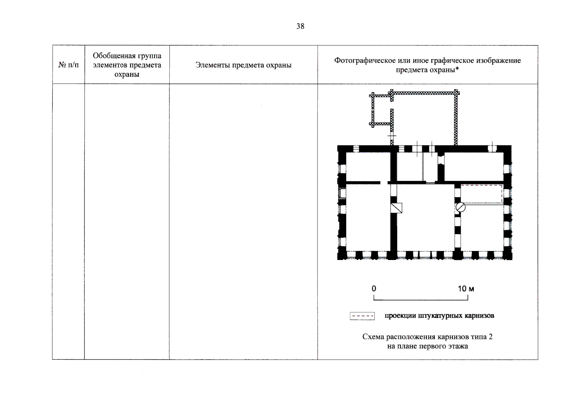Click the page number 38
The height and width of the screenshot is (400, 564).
point(300,26)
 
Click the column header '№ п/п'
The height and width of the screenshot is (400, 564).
point(69,65)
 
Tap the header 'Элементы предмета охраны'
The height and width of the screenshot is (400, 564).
point(243,65)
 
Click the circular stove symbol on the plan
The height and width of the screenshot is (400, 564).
point(460,207)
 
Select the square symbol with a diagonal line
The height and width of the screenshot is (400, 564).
point(396,208)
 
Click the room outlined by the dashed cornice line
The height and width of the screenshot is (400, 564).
point(481,194)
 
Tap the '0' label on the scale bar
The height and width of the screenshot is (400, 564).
point(374,289)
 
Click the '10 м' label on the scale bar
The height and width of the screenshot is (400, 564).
point(466,289)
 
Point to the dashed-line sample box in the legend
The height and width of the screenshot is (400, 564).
point(362,316)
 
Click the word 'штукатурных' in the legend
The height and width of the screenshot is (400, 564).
point(440,316)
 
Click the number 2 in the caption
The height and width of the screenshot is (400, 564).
point(490,337)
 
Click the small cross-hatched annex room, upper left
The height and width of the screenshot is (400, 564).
point(382,110)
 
